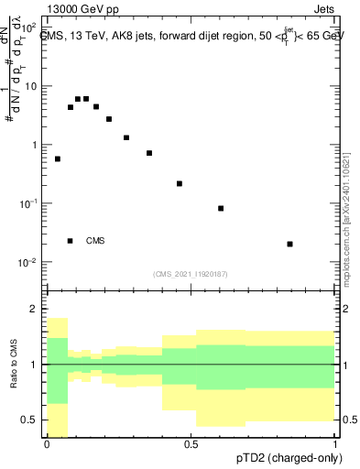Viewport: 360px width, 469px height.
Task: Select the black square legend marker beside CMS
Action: pos(70,241)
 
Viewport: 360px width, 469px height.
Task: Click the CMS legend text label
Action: pos(95,241)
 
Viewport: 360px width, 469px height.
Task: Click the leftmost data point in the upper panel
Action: pos(58,158)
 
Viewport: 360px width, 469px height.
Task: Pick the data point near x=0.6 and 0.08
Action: pos(221,208)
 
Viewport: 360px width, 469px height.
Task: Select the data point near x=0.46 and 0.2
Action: pos(180,183)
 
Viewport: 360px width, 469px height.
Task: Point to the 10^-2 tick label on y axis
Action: pos(28,262)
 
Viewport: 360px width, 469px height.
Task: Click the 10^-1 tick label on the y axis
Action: pos(28,203)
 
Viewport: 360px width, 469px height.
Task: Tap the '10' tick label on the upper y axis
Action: pos(31,86)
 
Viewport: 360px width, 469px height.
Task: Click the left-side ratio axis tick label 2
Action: pos(35,310)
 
